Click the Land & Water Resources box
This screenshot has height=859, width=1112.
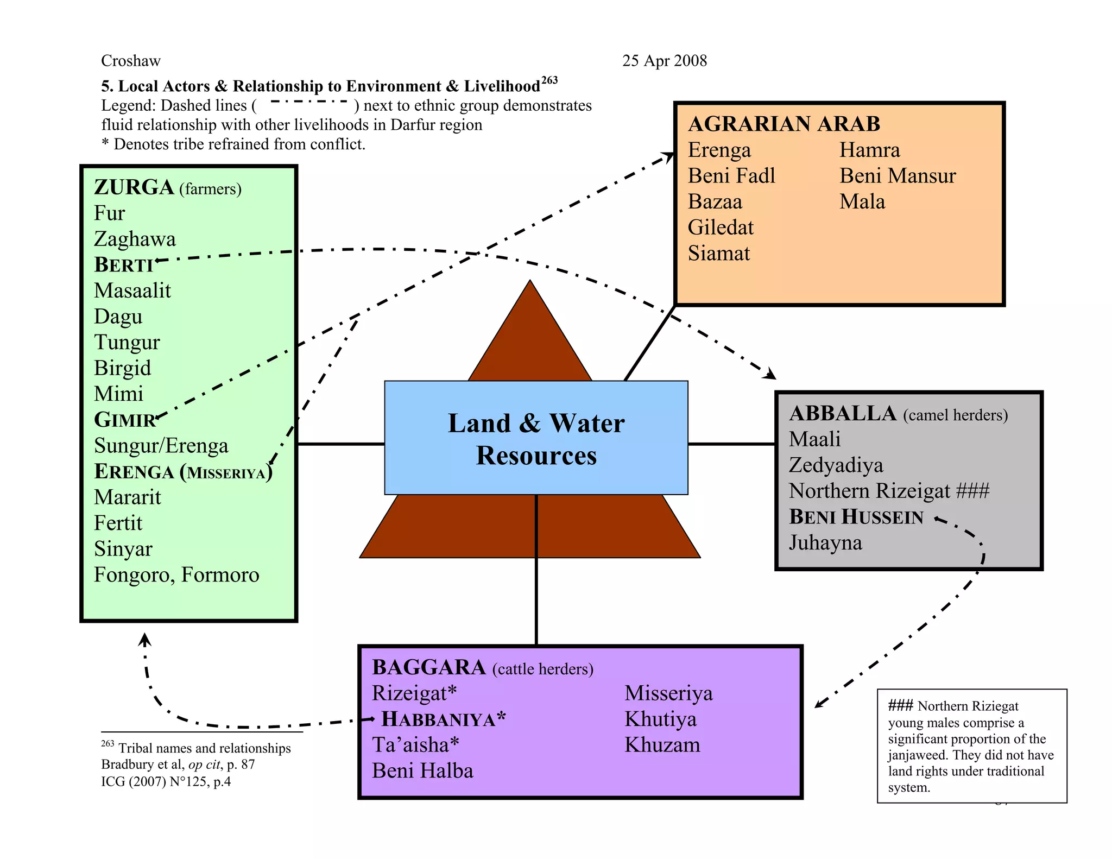click(x=536, y=438)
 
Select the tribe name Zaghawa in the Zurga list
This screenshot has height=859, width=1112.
click(x=135, y=239)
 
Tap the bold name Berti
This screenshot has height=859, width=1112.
click(x=124, y=265)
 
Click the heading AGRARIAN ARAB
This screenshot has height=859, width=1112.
click(x=784, y=124)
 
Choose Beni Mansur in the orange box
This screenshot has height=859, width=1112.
click(x=897, y=176)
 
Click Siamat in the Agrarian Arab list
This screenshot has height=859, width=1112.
click(x=718, y=254)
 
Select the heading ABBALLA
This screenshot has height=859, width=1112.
click(x=842, y=414)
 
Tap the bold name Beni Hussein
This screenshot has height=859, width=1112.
click(x=856, y=517)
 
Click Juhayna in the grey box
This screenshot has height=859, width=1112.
click(x=825, y=542)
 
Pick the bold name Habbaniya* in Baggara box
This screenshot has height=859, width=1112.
click(x=443, y=719)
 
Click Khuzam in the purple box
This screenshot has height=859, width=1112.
click(x=662, y=745)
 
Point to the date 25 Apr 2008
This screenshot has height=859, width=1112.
click(x=664, y=61)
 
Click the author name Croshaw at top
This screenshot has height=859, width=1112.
click(x=130, y=61)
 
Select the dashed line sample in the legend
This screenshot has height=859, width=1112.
click(x=308, y=102)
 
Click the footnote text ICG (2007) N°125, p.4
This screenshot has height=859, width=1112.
click(x=166, y=781)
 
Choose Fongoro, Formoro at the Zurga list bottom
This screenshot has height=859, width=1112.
click(x=176, y=574)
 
